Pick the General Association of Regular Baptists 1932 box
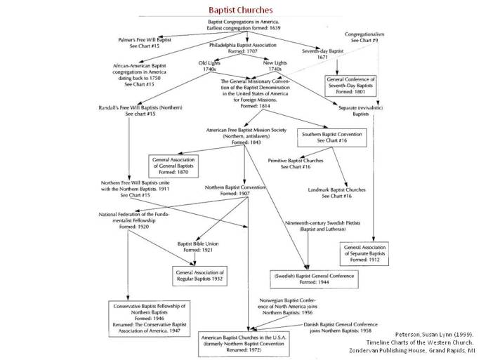(199, 275)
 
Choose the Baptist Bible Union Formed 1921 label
(199, 246)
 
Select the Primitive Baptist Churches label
(296, 164)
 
